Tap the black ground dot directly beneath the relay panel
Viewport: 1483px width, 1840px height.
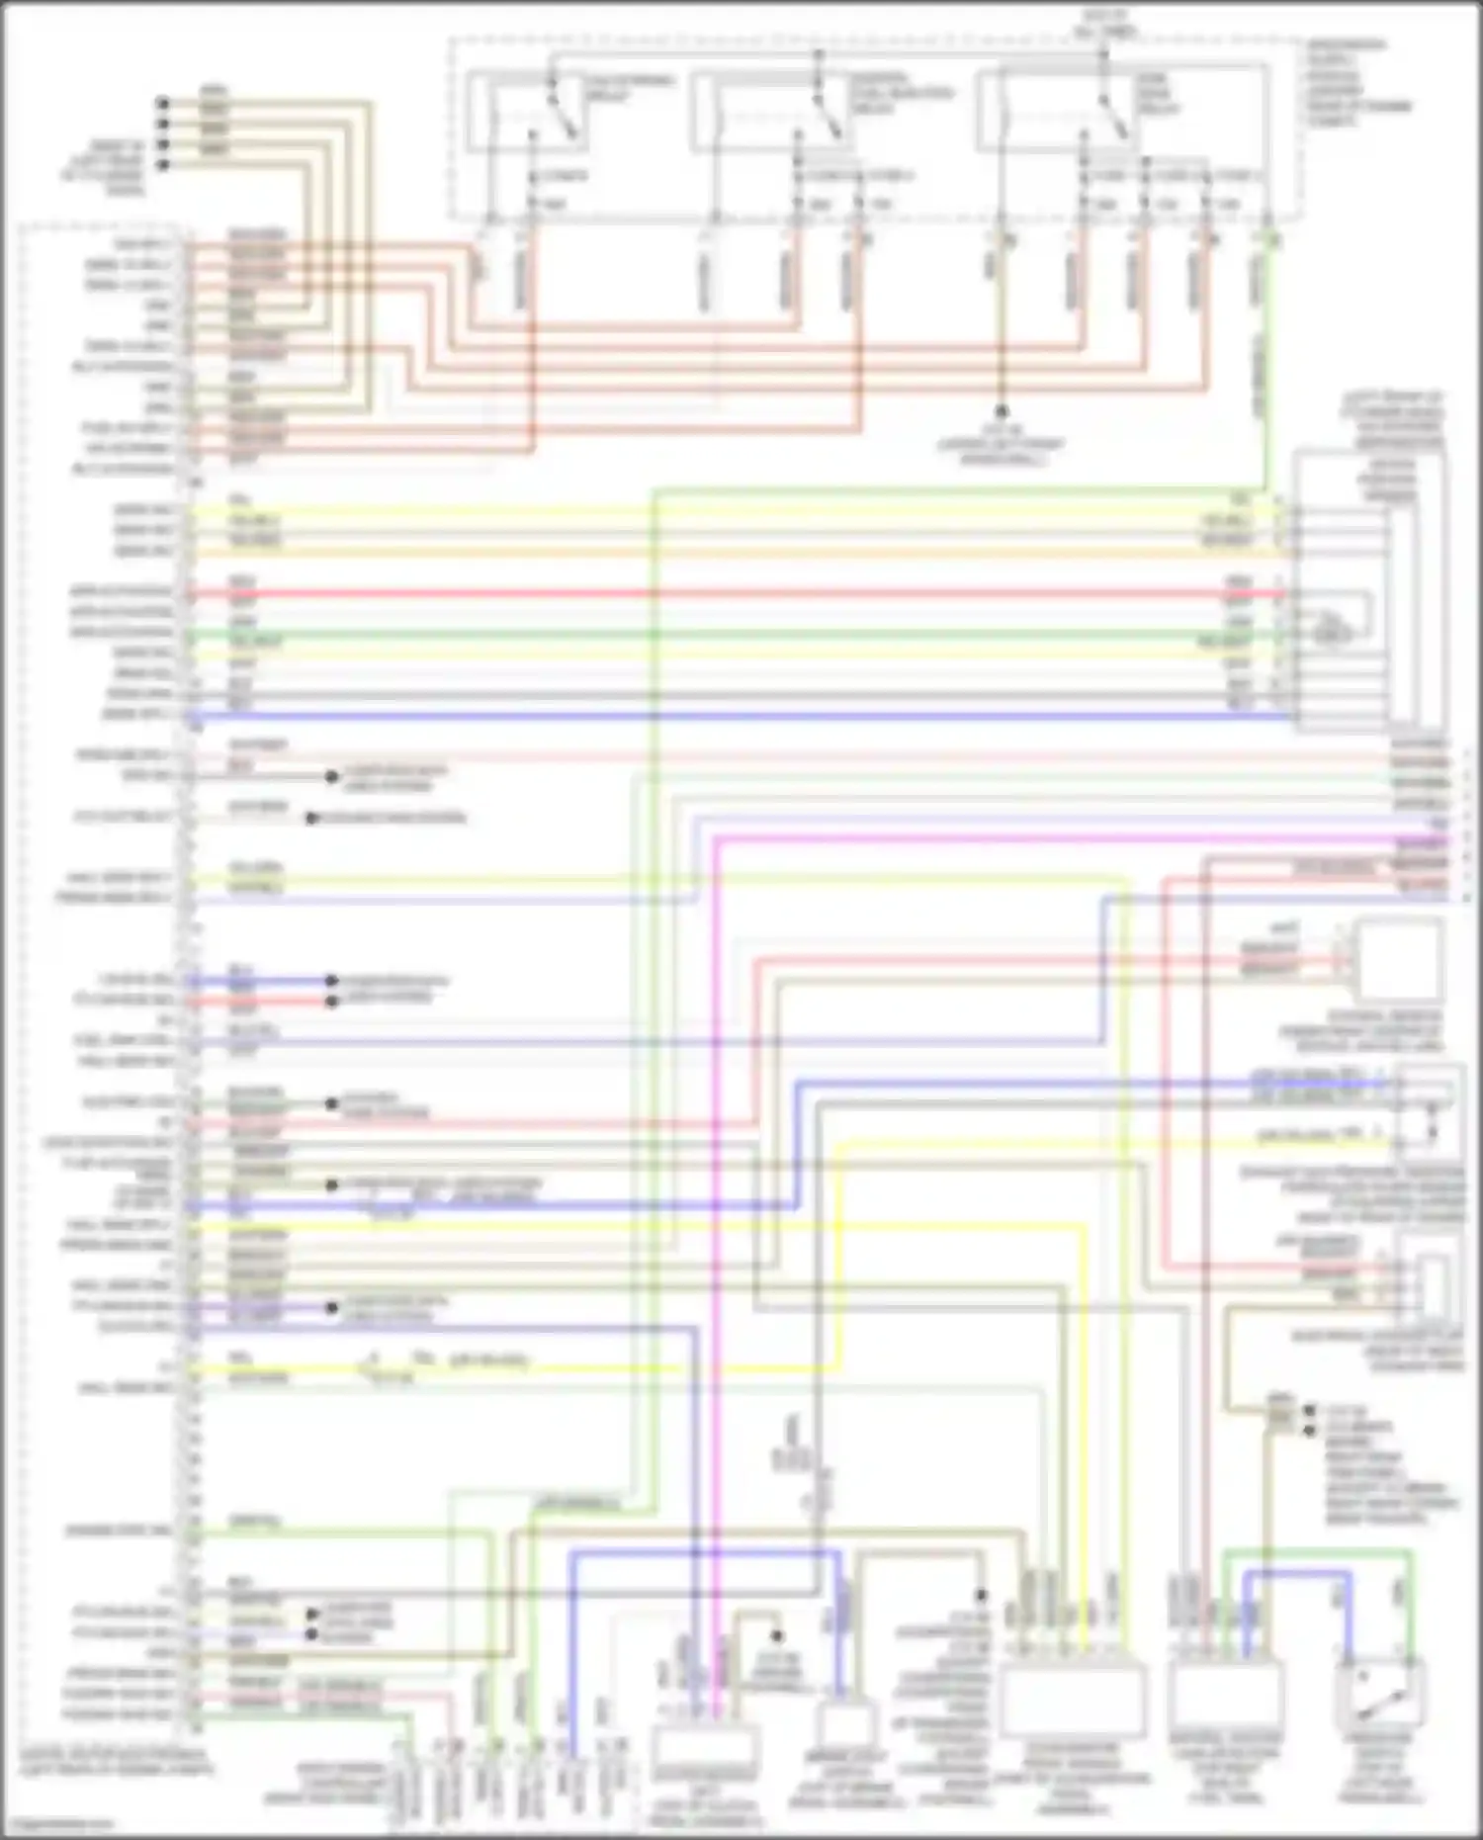pyautogui.click(x=1001, y=410)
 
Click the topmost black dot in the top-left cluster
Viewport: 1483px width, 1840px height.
pyautogui.click(x=163, y=102)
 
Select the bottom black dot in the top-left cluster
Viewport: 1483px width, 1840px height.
pyautogui.click(x=163, y=163)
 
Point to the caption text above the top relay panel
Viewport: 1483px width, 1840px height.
pyautogui.click(x=1103, y=22)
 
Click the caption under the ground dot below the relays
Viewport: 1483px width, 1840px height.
pyautogui.click(x=1001, y=445)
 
